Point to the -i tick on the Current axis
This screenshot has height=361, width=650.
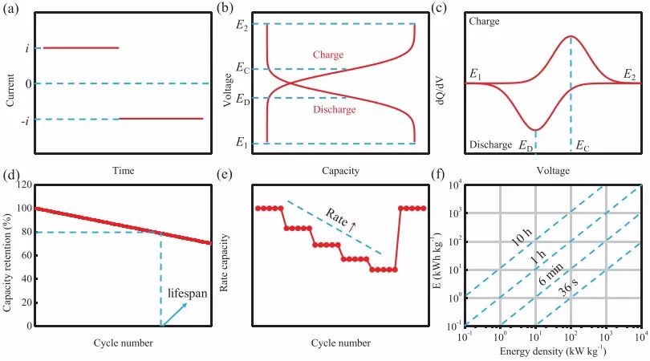[x=26, y=120]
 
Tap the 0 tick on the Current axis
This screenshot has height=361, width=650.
[x=28, y=83]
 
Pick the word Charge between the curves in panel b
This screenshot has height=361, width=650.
[x=327, y=55]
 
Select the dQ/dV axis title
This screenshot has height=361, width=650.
[x=449, y=84]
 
